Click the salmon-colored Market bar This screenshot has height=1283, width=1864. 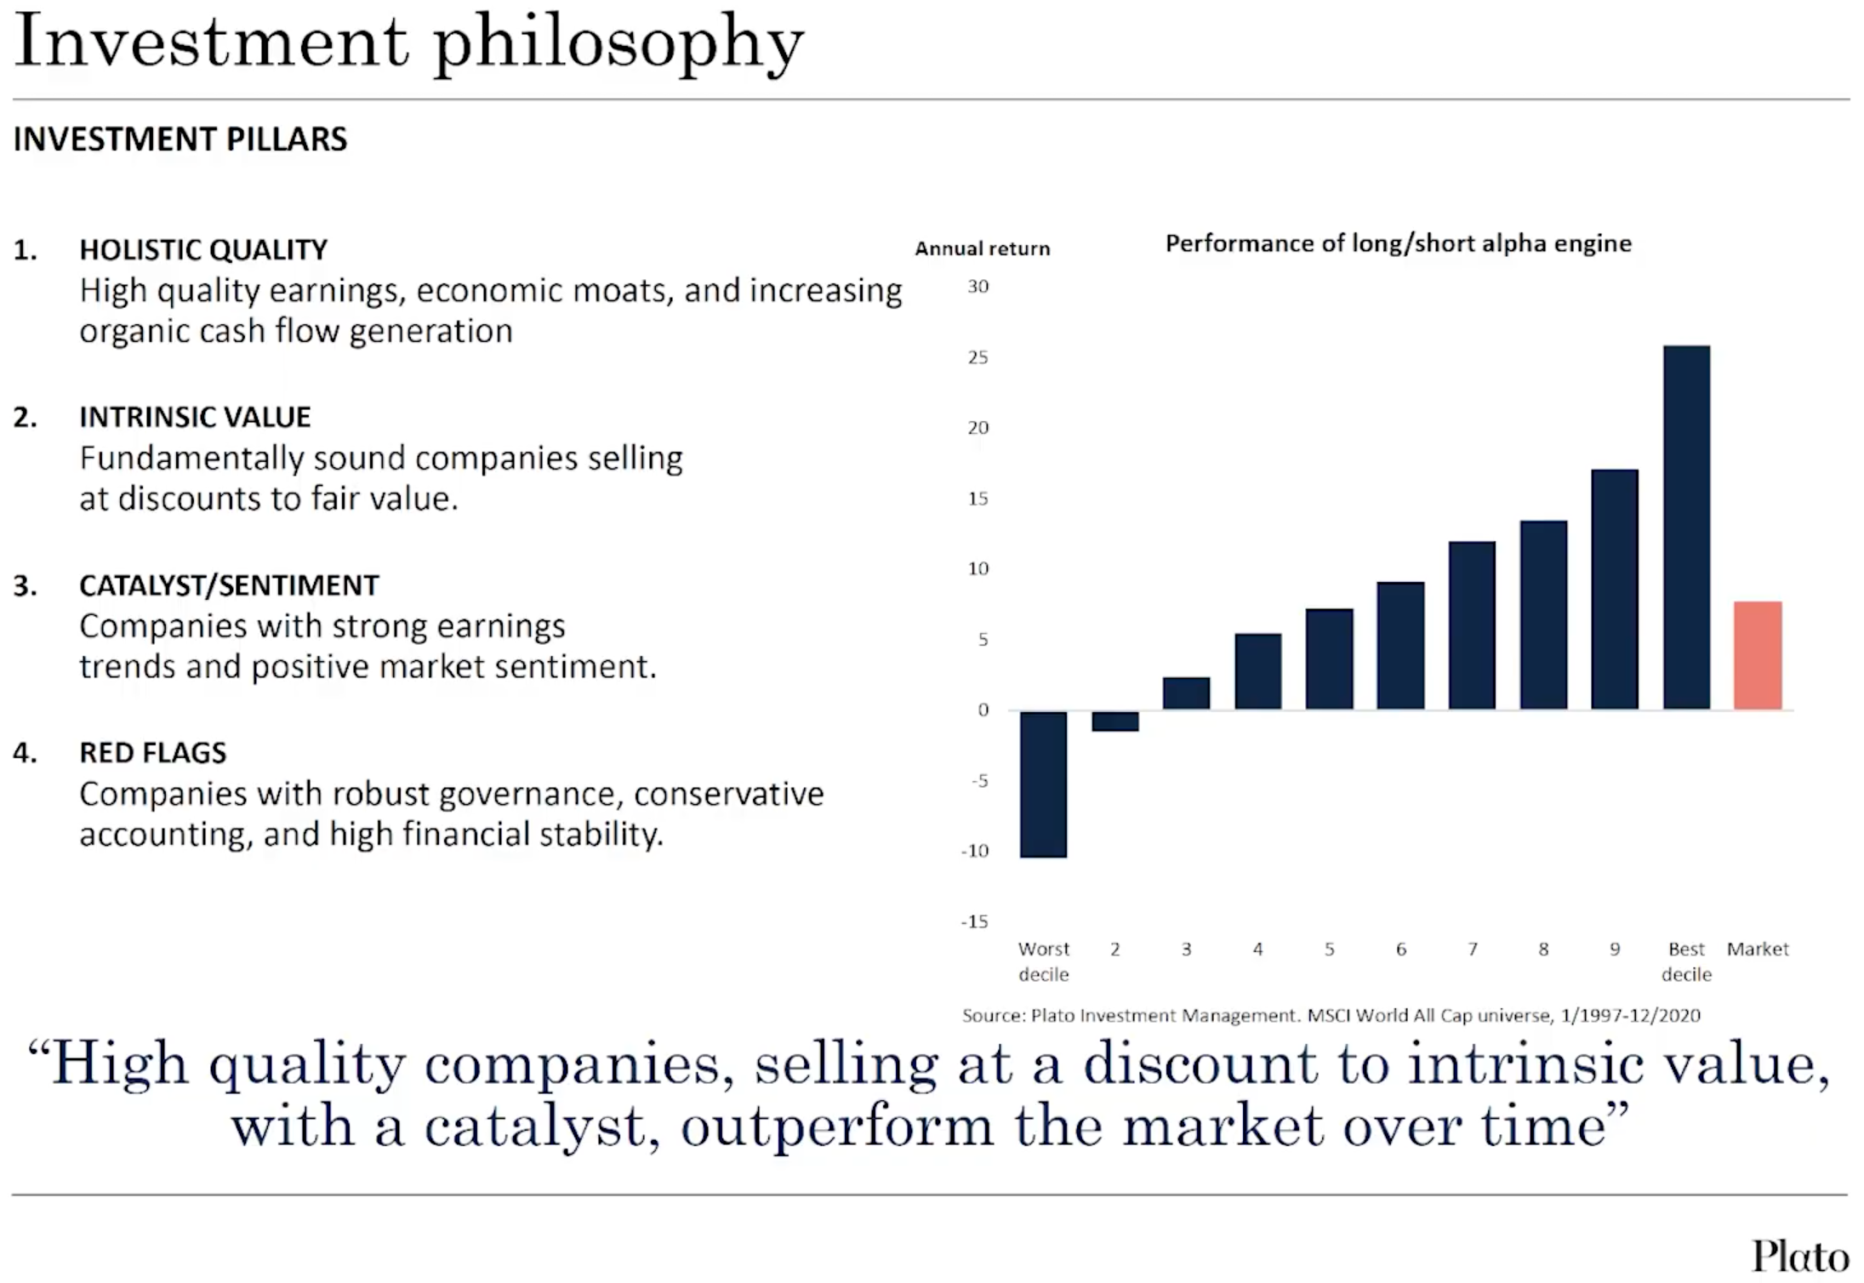(1757, 655)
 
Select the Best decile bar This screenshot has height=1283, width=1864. (1686, 527)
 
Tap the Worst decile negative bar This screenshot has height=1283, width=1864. (1043, 784)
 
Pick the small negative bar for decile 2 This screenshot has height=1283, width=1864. (1114, 721)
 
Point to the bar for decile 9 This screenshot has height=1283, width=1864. (1614, 589)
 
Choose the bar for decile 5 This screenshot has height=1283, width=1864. (1329, 659)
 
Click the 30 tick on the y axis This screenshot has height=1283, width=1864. (978, 287)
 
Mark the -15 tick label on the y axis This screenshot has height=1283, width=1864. (974, 921)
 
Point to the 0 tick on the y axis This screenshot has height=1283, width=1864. (983, 710)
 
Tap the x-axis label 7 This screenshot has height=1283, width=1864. (1472, 949)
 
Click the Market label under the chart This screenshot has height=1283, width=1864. (1758, 949)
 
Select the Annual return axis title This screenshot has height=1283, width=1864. (982, 248)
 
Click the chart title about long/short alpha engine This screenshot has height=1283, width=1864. (1398, 243)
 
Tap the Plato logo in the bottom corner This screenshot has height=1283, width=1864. (1799, 1256)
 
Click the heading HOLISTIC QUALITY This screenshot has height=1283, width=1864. (203, 249)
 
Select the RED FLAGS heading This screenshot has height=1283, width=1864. (153, 752)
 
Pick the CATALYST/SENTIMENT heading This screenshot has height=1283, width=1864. (229, 585)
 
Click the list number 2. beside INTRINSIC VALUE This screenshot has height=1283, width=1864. (26, 417)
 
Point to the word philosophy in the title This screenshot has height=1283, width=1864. (618, 43)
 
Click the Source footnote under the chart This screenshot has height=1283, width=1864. (1331, 1015)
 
